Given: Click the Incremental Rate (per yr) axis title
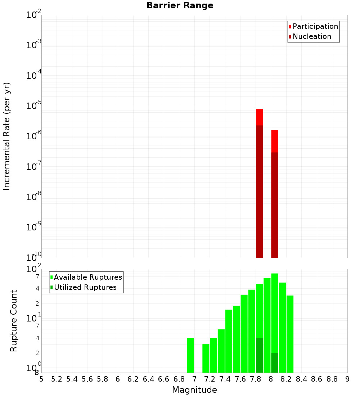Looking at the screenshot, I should tap(7, 136).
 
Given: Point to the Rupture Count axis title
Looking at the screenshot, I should tap(14, 321).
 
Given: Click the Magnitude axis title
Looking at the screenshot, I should tap(194, 390).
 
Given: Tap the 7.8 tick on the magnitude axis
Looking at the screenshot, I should tap(256, 379).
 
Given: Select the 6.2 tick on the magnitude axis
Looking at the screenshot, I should tap(133, 379).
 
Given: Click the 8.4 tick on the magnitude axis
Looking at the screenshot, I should tap(301, 379).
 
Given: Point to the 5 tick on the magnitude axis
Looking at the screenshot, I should tap(41, 379).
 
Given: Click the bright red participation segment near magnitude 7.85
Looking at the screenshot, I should tap(259, 117).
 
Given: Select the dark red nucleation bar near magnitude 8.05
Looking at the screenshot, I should tap(275, 205).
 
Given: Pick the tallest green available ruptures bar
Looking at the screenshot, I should tap(275, 306).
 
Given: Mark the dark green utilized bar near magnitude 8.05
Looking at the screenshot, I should tap(275, 363).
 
